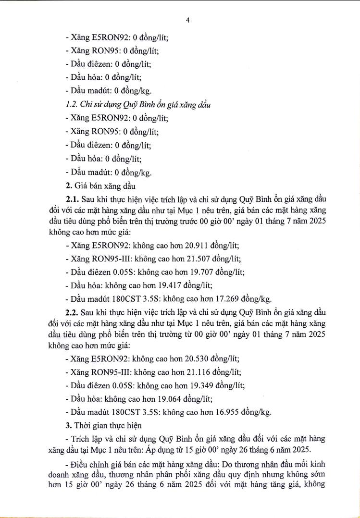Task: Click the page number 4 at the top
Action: click(188, 20)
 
